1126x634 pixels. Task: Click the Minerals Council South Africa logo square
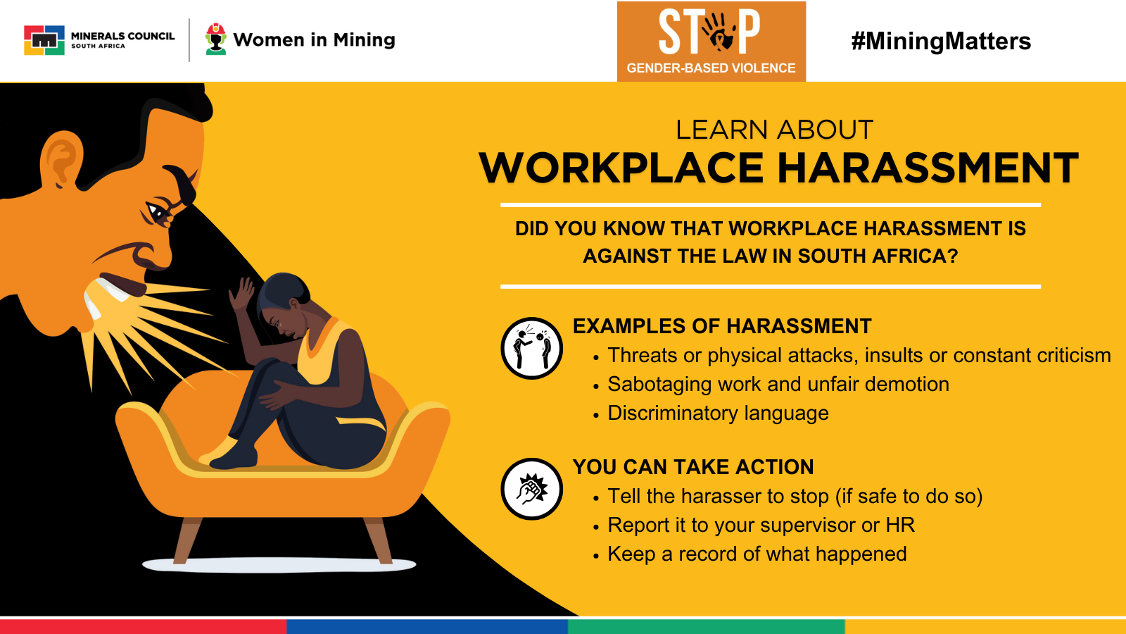44,39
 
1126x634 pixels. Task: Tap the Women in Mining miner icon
215,39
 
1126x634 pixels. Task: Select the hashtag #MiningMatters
941,42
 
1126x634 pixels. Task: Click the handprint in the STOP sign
717,32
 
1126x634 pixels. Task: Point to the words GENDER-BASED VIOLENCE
711,68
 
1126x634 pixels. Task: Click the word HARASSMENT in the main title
928,168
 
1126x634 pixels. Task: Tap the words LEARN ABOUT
774,130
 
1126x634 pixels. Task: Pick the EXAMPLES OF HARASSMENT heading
722,326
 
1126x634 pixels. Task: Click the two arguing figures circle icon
531,348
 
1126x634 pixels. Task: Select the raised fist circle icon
531,489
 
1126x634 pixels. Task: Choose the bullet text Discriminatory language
718,413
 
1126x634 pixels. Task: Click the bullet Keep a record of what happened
757,554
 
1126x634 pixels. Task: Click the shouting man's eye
157,212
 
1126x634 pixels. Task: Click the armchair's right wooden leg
379,540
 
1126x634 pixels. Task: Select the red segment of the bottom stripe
144,627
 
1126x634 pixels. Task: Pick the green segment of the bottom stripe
707,627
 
